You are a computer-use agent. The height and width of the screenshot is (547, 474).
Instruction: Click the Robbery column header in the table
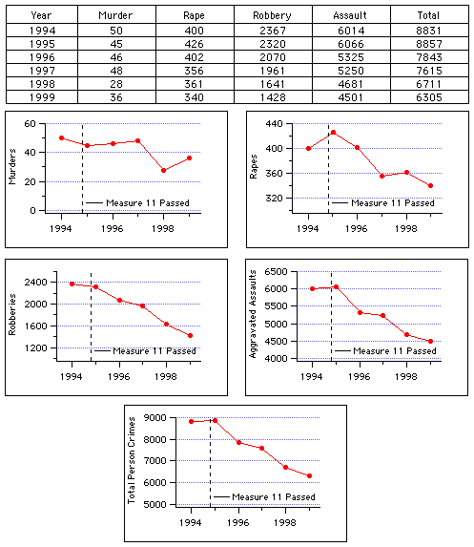click(x=272, y=15)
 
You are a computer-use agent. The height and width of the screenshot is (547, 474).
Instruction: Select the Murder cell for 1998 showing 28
click(x=116, y=84)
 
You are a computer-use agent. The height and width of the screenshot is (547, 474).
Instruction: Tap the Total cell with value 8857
click(x=429, y=44)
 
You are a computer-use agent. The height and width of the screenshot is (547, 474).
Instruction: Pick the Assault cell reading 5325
click(x=351, y=57)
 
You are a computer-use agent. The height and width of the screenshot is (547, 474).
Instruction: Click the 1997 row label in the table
click(x=42, y=71)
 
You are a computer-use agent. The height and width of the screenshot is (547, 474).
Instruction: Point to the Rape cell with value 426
click(x=195, y=44)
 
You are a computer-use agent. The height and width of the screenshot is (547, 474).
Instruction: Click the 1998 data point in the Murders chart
click(x=163, y=170)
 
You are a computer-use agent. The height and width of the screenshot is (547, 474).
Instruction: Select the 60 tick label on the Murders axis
click(x=30, y=124)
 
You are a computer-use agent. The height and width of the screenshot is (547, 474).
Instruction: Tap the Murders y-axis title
click(x=12, y=166)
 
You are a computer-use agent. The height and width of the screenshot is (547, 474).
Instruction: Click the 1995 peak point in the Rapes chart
click(x=333, y=132)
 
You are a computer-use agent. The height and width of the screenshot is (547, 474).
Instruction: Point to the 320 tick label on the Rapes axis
click(x=274, y=199)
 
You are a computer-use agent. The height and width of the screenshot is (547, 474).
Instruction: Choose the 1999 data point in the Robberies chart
click(x=191, y=336)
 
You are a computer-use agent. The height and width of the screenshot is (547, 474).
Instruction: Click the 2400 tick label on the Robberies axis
click(x=36, y=283)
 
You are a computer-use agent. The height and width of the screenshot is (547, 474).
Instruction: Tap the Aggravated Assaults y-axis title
click(x=253, y=314)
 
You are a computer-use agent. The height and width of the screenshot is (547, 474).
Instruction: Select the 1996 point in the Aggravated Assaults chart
click(x=361, y=312)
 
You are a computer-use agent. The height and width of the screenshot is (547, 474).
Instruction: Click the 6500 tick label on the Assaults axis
click(x=276, y=272)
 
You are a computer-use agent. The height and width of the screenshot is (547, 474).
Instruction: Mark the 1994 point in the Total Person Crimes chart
click(x=192, y=421)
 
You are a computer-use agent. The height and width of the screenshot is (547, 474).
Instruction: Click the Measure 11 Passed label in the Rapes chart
click(x=393, y=203)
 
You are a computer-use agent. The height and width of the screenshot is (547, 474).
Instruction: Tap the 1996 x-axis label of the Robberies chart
click(x=119, y=377)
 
